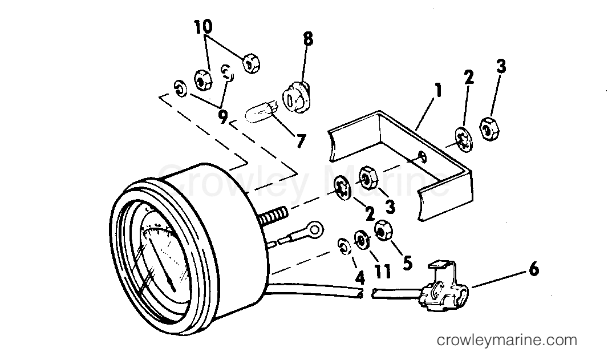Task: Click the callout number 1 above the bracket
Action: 438,91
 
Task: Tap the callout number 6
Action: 534,269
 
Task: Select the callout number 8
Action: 308,39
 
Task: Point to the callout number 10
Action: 203,27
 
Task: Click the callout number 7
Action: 301,141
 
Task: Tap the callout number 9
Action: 222,117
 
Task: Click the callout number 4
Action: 360,278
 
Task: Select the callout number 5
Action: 407,262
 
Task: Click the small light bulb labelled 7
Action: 261,113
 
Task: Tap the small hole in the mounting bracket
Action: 422,156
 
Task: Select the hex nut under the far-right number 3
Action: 490,128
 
